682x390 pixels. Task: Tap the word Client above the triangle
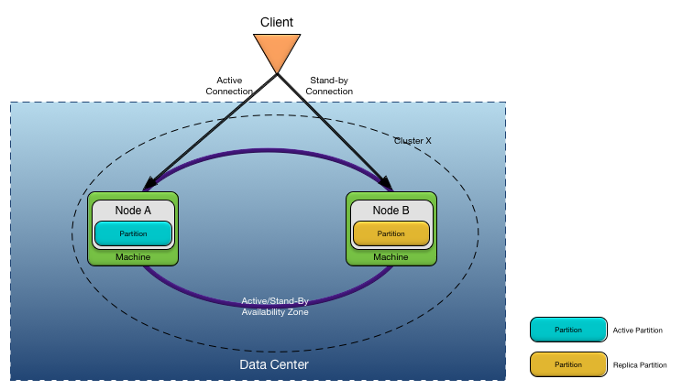coord(276,19)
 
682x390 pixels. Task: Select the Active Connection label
coord(229,86)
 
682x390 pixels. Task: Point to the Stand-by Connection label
coord(329,86)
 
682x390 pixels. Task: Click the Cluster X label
coord(412,141)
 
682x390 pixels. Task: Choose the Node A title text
coord(133,211)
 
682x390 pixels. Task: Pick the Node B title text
coord(391,211)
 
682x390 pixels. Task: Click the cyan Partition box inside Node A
coord(133,233)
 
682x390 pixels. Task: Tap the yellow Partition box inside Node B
coord(391,233)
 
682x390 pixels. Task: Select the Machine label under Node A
coord(133,257)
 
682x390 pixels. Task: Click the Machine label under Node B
coord(391,257)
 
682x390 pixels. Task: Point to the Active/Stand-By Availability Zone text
coord(275,307)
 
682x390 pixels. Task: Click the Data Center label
coord(274,365)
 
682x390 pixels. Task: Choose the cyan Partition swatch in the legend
coord(568,330)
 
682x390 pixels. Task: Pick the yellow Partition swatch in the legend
coord(568,364)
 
